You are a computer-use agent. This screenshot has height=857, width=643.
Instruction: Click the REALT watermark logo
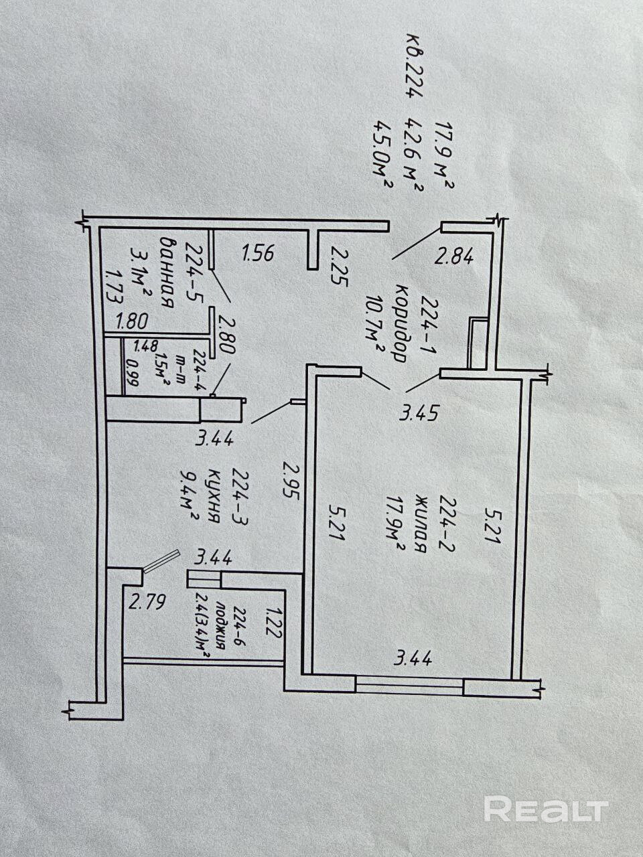tap(546, 809)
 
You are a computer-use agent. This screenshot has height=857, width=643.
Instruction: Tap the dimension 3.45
tap(419, 413)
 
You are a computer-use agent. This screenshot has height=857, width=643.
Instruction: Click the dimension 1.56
tap(258, 253)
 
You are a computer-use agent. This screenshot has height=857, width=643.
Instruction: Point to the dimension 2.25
tap(340, 266)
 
